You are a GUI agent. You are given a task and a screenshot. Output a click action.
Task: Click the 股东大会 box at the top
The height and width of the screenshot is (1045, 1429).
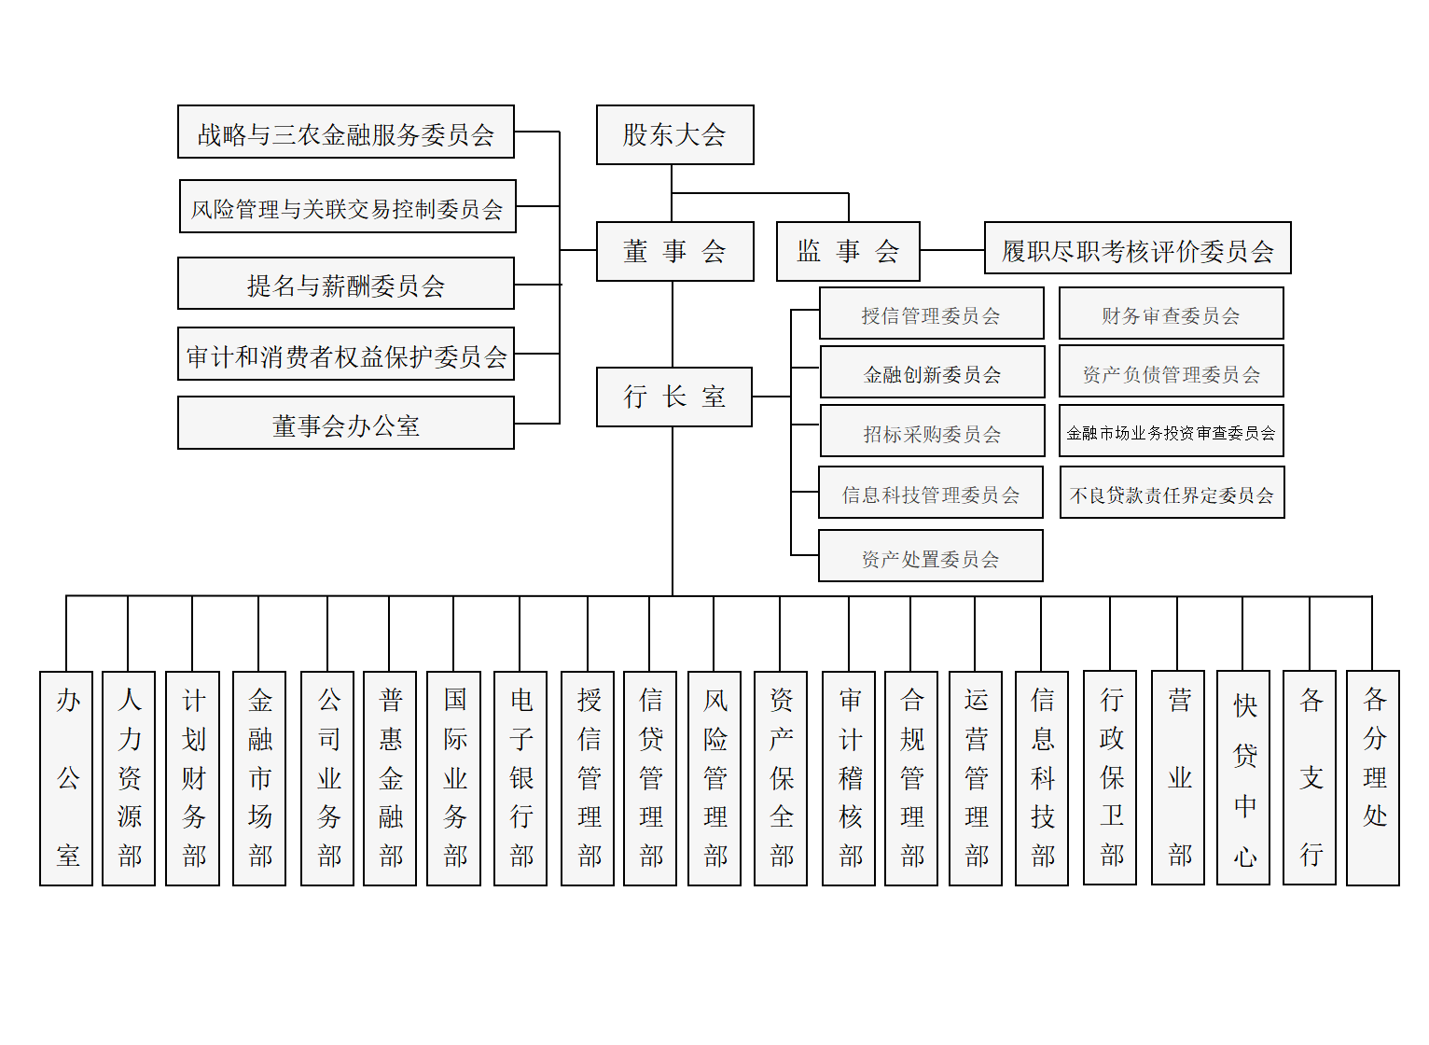coord(674,135)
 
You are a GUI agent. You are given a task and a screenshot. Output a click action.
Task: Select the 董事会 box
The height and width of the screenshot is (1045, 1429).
coord(674,251)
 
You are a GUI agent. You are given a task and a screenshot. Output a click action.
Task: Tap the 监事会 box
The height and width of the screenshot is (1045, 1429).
coord(848,251)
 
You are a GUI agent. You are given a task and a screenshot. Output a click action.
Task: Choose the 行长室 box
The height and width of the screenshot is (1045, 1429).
coord(673,397)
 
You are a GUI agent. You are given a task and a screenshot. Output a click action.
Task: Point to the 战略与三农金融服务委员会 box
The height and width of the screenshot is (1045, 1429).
coord(345,132)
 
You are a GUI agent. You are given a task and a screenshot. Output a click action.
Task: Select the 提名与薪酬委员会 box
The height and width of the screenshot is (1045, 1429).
coord(345,284)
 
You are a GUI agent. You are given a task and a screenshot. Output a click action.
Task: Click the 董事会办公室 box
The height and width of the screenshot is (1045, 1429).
coord(345,424)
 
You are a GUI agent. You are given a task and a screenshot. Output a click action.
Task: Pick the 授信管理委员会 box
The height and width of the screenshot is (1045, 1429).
coord(931,313)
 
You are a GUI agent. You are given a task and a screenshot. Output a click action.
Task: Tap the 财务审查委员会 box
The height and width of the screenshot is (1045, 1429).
coord(1171,313)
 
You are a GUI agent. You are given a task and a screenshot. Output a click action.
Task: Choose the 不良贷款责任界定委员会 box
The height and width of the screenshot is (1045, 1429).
coord(1172,493)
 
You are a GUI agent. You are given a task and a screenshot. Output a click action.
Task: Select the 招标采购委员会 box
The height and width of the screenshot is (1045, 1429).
coord(932,431)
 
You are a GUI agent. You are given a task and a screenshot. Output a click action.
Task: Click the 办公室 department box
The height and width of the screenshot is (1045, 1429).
coord(66,778)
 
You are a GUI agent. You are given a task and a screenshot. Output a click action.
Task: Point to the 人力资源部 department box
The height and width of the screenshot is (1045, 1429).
coord(129,778)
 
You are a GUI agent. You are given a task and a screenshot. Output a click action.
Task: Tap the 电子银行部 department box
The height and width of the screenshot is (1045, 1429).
coord(520,778)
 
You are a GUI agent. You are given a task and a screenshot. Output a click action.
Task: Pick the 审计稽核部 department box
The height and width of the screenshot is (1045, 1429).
coord(849,778)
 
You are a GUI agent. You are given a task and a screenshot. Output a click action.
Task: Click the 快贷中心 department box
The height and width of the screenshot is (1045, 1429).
coord(1243,778)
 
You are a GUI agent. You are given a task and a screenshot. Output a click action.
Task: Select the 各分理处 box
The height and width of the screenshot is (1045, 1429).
coord(1373,778)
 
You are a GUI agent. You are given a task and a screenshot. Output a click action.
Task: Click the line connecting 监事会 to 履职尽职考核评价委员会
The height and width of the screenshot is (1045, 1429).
coord(952,250)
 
